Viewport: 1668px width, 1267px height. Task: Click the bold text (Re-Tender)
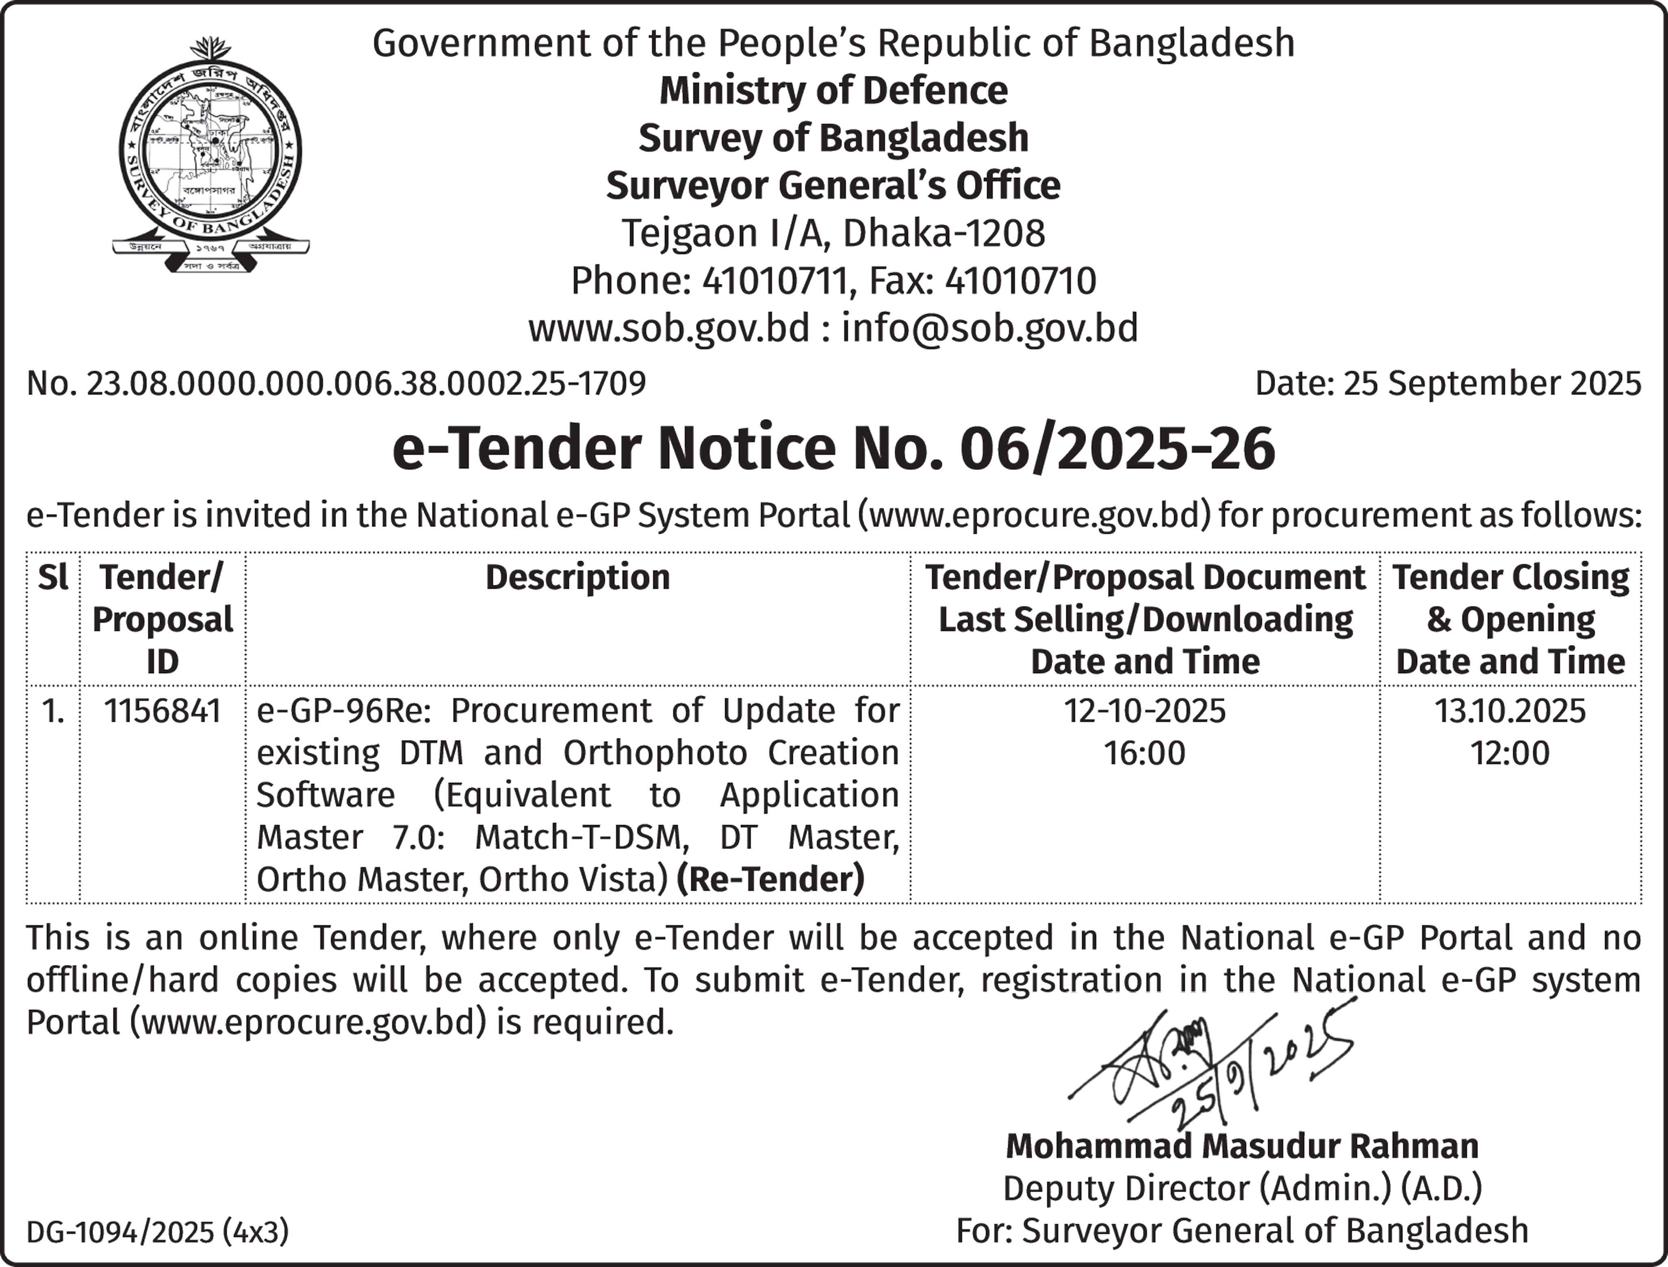(x=770, y=879)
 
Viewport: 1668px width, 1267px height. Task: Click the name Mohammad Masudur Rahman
(x=1242, y=1146)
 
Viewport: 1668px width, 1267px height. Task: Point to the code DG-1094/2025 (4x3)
(x=158, y=1232)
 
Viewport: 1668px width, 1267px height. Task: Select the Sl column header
(x=53, y=578)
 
